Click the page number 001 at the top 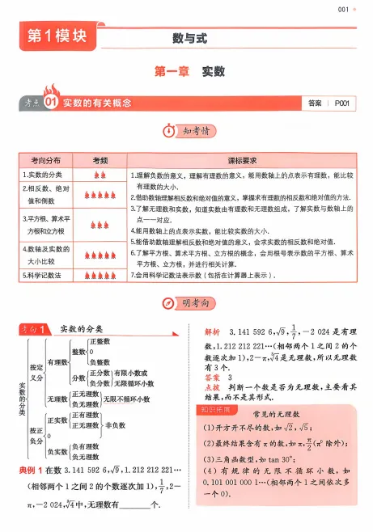point(342,10)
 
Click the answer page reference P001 point(345,103)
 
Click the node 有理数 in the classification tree point(57,361)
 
